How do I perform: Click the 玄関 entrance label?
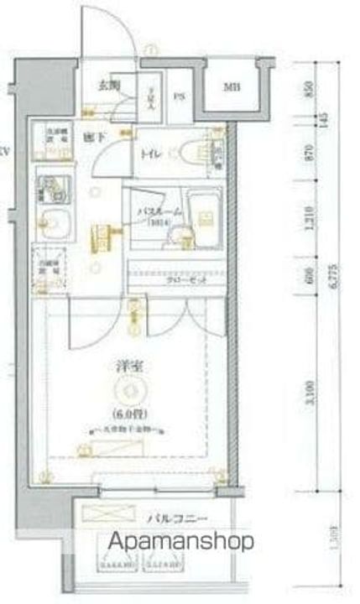pyautogui.click(x=108, y=85)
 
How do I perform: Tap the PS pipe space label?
pyautogui.click(x=180, y=96)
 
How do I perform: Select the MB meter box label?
pyautogui.click(x=230, y=88)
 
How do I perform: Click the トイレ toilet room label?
pyautogui.click(x=152, y=154)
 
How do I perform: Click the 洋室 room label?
pyautogui.click(x=129, y=367)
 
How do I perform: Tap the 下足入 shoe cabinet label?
pyautogui.click(x=151, y=99)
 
